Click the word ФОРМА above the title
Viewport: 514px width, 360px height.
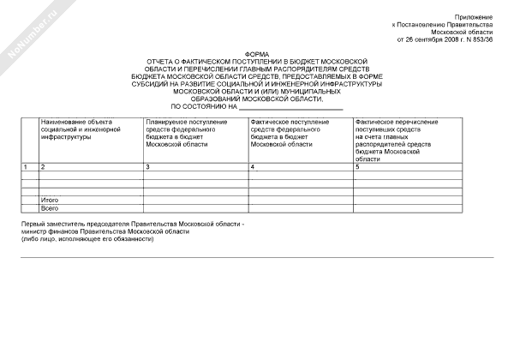256,54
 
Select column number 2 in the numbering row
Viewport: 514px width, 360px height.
43,165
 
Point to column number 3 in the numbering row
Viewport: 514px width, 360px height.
147,165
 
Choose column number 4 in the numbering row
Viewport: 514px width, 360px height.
252,165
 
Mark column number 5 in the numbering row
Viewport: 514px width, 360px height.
357,165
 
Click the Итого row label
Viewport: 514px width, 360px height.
50,200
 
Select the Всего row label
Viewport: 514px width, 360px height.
50,208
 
